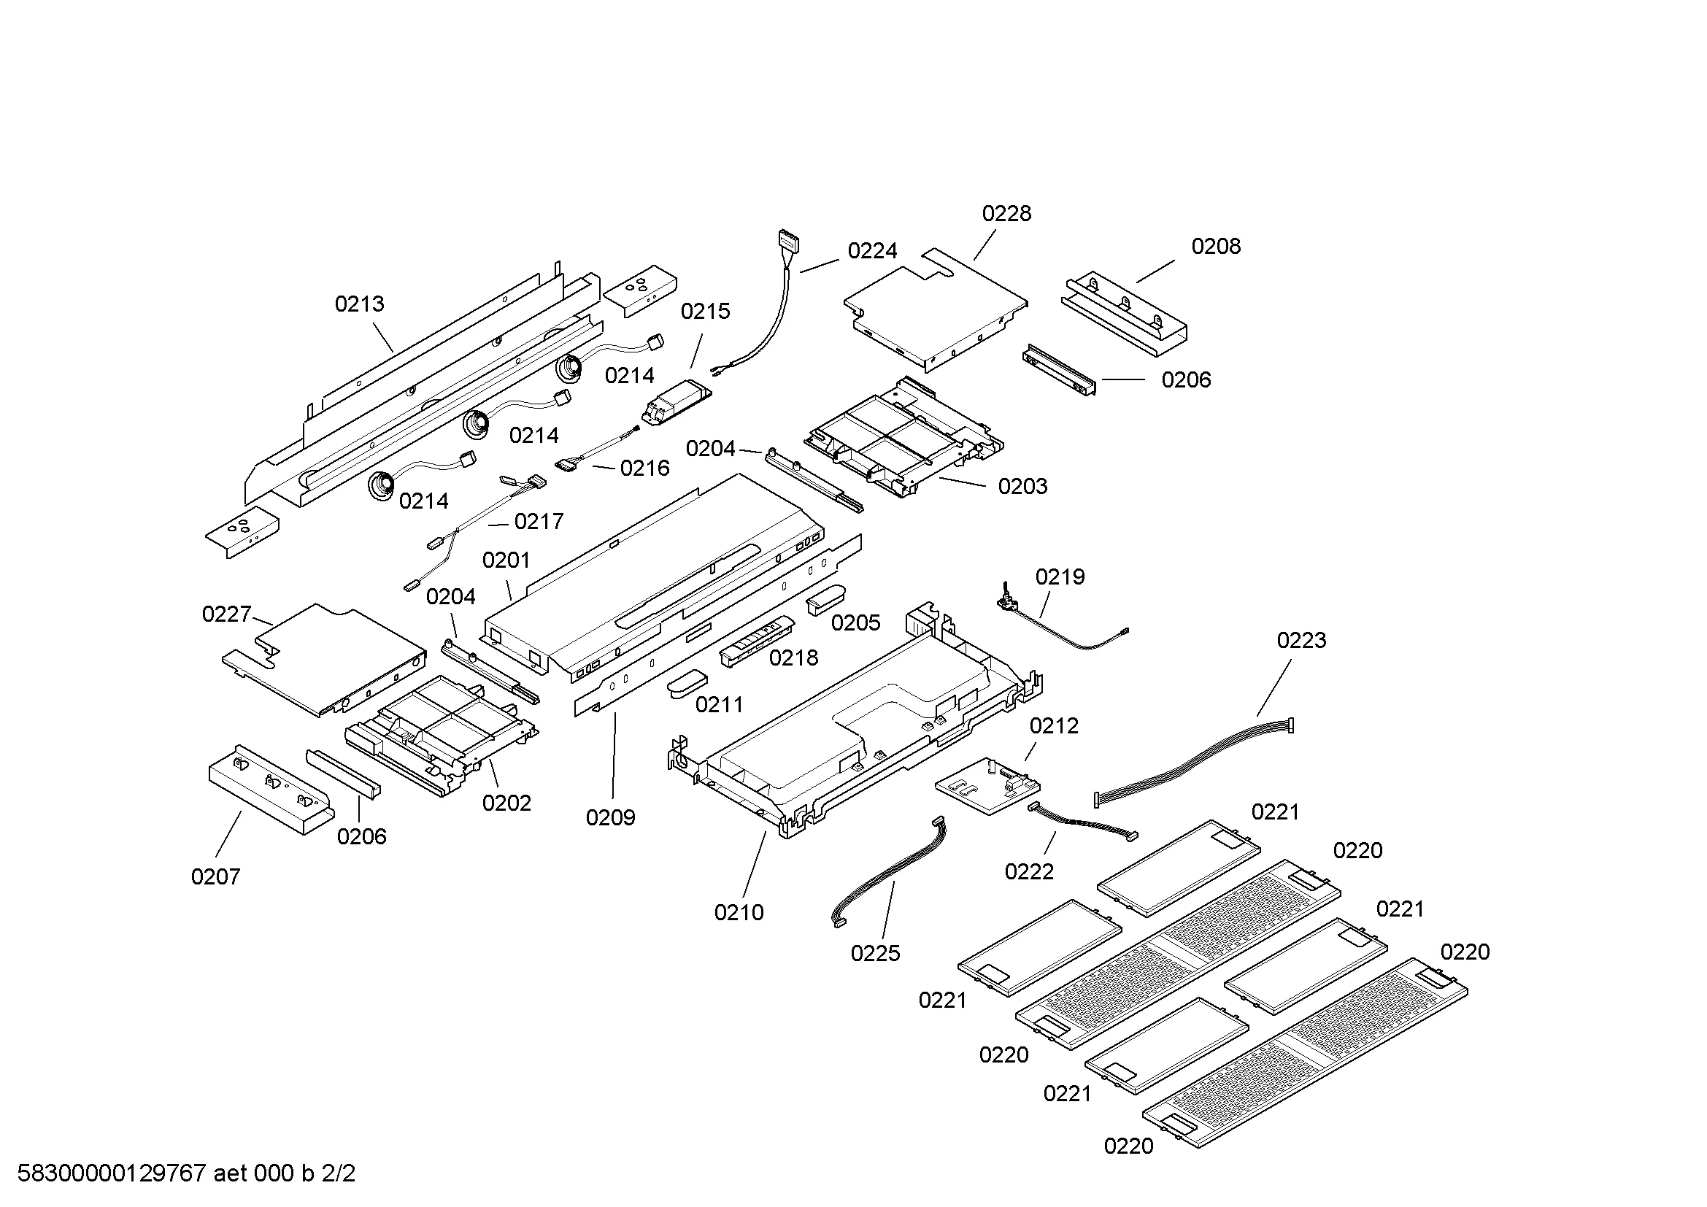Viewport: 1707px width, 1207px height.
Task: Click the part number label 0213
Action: [359, 304]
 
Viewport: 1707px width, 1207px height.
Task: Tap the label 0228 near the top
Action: [1006, 214]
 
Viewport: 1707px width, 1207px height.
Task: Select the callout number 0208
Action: [1216, 247]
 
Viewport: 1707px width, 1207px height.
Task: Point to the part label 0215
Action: [705, 312]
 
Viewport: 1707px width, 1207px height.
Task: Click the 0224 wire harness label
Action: [872, 251]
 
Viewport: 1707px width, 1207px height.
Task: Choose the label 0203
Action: [1022, 487]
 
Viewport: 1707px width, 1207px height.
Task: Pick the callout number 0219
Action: [1060, 576]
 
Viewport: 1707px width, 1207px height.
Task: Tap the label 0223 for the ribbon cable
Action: [1301, 641]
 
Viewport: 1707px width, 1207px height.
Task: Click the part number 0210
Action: [739, 913]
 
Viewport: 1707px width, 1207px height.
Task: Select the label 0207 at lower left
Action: [215, 877]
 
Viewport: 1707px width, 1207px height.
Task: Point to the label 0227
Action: [227, 614]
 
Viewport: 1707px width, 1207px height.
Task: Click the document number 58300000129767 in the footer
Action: [111, 1174]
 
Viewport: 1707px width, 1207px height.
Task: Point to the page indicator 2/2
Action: [339, 1174]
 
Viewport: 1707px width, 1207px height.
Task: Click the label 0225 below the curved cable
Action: [875, 954]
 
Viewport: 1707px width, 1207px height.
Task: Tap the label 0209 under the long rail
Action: [610, 818]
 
